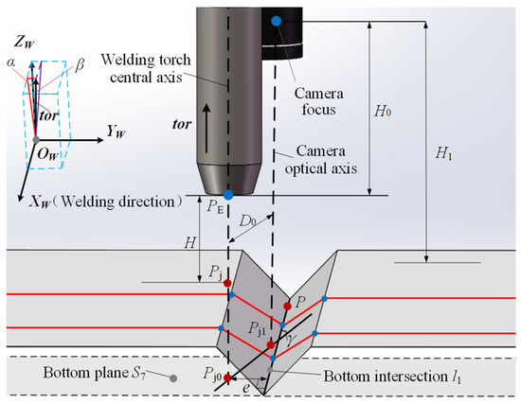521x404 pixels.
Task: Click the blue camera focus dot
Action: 276,20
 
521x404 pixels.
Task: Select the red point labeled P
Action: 288,307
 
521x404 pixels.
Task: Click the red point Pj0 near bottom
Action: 228,378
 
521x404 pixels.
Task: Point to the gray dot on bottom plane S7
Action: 173,378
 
